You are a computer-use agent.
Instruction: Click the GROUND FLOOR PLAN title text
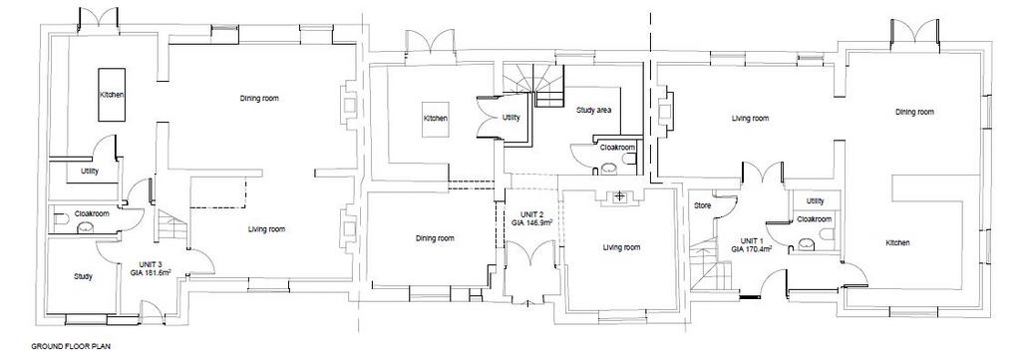point(66,348)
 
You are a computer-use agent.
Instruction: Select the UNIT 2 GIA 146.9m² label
point(532,218)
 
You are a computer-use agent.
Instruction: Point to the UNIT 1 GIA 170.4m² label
point(752,244)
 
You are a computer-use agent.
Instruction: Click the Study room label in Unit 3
point(83,276)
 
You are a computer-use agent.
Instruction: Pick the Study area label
point(593,110)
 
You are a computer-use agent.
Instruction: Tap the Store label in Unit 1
point(703,205)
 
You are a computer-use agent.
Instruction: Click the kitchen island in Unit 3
point(112,95)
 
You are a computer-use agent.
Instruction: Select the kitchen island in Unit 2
point(436,120)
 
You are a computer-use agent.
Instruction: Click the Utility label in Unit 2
point(511,118)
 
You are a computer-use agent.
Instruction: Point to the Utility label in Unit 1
point(815,201)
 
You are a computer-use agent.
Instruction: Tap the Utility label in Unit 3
point(89,172)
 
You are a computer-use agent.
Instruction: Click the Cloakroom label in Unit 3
point(92,213)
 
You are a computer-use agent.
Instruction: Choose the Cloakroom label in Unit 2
point(616,148)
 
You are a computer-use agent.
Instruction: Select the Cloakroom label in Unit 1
point(815,219)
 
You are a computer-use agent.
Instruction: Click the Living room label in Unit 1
point(750,119)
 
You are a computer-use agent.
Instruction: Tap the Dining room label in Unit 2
point(435,238)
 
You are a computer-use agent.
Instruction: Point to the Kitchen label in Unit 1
point(897,242)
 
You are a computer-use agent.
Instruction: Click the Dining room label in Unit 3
point(259,99)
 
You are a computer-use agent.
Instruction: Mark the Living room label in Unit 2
point(621,247)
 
